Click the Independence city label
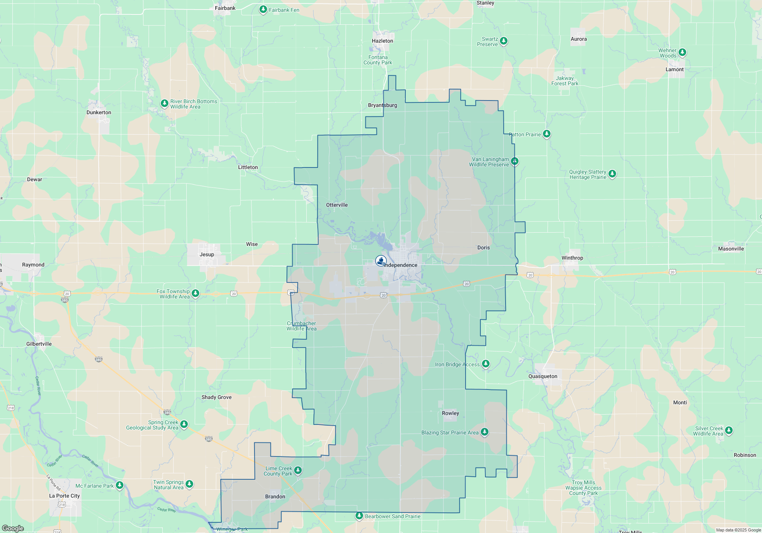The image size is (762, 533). point(400,265)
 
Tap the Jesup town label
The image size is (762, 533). point(207,255)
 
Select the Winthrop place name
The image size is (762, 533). point(572,258)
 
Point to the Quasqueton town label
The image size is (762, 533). point(543,377)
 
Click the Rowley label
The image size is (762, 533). point(450,413)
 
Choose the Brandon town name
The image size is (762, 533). point(275,497)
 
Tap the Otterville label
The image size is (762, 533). point(337,205)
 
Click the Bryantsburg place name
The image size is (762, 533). point(383,105)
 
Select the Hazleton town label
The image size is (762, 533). point(383,41)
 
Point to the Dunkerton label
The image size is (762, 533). point(99,113)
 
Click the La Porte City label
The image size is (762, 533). point(64,496)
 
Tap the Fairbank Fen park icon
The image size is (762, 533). point(263,10)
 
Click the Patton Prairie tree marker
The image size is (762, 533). point(547,134)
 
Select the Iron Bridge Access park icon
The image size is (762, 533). point(486,364)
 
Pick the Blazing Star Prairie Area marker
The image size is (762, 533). point(485,432)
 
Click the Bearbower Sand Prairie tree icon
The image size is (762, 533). point(359,516)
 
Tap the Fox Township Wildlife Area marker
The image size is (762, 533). point(195,293)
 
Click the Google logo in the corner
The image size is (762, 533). point(13,528)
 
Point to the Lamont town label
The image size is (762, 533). point(674,70)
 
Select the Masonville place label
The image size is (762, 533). point(731,249)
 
